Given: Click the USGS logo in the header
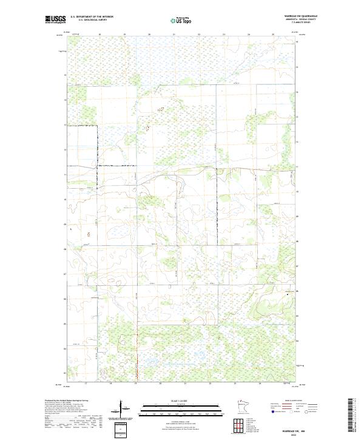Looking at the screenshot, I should pos(55,20).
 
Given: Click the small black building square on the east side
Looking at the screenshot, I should pos(280,294).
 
